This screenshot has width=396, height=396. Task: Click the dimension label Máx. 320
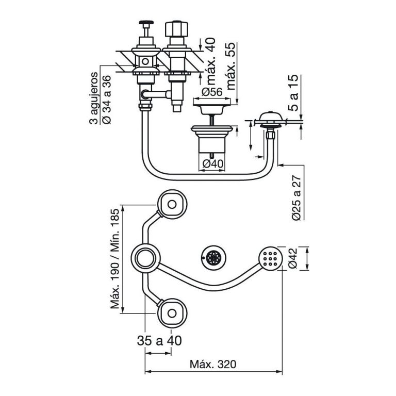click(x=212, y=364)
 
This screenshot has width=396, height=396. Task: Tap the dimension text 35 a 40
click(x=159, y=341)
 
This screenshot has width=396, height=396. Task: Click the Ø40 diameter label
click(x=212, y=164)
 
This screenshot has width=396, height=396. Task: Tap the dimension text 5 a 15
click(x=293, y=93)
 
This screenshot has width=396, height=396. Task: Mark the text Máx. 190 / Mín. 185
click(x=116, y=258)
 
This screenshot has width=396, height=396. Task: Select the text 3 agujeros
click(x=94, y=98)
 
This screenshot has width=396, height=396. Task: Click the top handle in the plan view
click(x=171, y=204)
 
